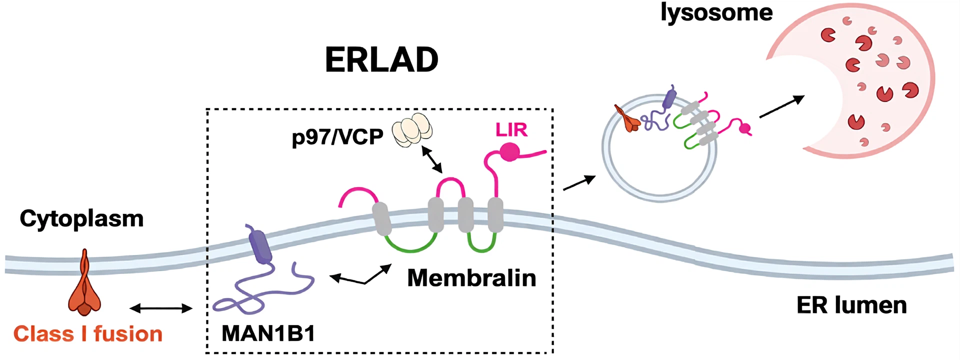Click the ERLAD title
pos(381,60)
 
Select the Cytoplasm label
pos(81,218)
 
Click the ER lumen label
pos(851,305)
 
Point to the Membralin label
pos(471,278)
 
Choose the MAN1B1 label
pos(268,333)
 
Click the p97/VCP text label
pos(337,136)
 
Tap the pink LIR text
pos(511,130)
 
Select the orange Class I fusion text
pos(88,334)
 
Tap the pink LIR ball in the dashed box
pos(509,152)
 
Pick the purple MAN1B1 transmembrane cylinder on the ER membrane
pos(260,246)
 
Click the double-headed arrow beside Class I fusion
pos(160,308)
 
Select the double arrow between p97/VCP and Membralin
pos(431,159)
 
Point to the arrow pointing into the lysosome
pos(781,107)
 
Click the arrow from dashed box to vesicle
pos(579,182)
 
